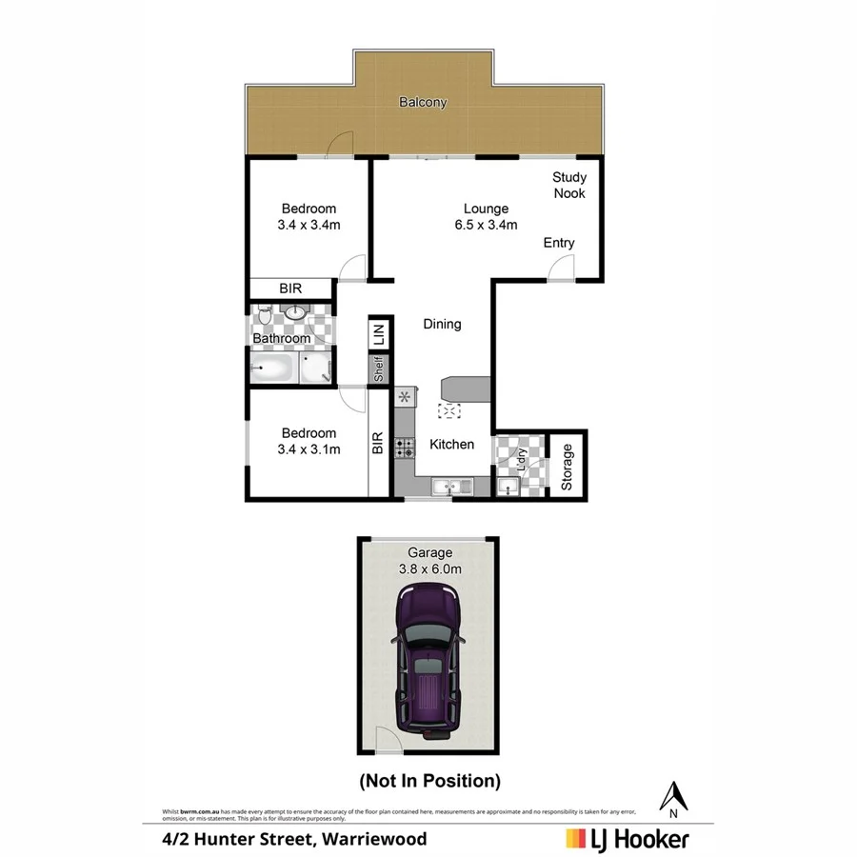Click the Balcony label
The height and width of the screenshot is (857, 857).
pos(423,103)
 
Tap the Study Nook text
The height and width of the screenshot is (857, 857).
pos(569,185)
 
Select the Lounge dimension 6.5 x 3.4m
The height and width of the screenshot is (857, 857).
pos(486,226)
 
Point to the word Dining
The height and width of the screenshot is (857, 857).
pos(442,324)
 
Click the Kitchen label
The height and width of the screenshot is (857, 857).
pos(451,444)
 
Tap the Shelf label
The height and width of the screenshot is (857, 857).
pos(378,369)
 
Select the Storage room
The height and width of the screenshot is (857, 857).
pos(568,467)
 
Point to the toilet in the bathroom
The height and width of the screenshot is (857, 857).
pos(264,313)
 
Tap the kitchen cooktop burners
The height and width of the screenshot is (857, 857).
pos(404,448)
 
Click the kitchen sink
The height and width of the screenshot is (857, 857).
pos(451,488)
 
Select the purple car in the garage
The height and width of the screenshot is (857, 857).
pos(428,657)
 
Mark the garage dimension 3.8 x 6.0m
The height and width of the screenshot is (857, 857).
pos(429,568)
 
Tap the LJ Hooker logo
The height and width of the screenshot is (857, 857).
pos(628,838)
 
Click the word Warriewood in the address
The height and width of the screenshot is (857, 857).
pos(375,839)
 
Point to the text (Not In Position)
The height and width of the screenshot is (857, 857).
pos(428,781)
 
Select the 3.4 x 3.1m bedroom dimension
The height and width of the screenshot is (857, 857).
pos(309,449)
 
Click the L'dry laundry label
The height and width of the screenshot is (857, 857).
pos(521,461)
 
